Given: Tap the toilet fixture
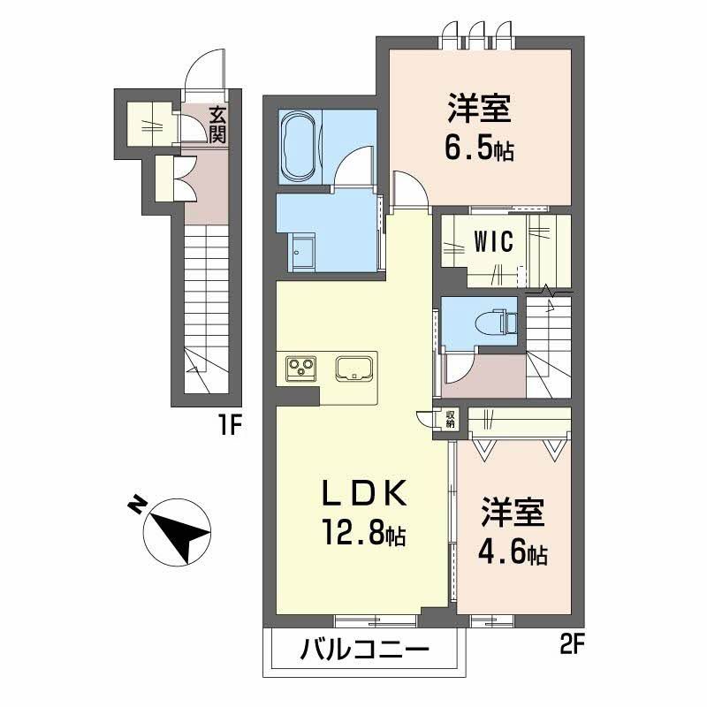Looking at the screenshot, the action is click(496, 322).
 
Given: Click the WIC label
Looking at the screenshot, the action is click(493, 241).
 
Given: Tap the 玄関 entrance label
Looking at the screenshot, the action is click(217, 125).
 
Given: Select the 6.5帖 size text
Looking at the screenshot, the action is click(479, 150).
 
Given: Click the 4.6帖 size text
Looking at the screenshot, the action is click(513, 554).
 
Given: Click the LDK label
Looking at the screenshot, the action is click(363, 492).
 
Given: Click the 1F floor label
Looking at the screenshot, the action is click(231, 425).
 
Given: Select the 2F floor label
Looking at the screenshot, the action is click(572, 648).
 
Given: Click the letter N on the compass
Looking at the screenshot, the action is click(137, 505).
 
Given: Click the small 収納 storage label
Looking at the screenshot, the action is click(451, 419).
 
